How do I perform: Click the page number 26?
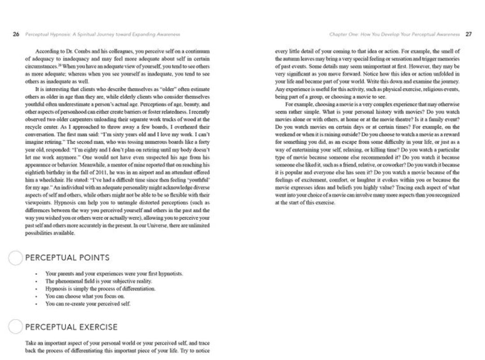pyautogui.click(x=16, y=34)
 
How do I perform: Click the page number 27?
pyautogui.click(x=468, y=34)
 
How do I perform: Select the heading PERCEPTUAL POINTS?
pyautogui.click(x=67, y=258)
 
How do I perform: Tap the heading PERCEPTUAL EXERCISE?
pyautogui.click(x=71, y=327)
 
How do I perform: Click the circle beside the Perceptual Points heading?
pyautogui.click(x=16, y=258)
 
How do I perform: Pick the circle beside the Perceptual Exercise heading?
pyautogui.click(x=16, y=327)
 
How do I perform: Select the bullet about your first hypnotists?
pyautogui.click(x=114, y=273)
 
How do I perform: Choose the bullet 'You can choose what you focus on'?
pyautogui.click(x=85, y=296)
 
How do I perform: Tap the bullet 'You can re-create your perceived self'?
pyautogui.click(x=88, y=304)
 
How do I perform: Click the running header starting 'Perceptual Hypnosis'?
pyautogui.click(x=102, y=34)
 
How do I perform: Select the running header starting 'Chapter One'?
pyautogui.click(x=394, y=34)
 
